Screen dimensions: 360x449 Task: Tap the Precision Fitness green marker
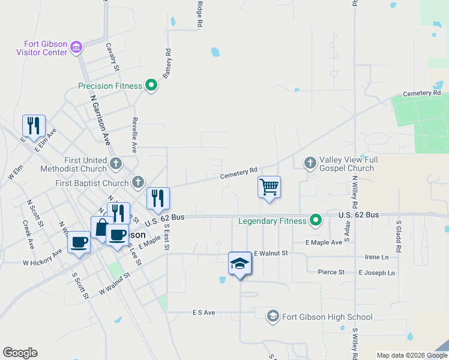(151, 86)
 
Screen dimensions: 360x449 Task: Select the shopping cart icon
(270, 187)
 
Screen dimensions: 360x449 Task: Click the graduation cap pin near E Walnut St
(240, 262)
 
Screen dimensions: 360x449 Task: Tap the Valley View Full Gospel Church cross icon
(310, 163)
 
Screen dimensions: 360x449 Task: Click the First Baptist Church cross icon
(138, 182)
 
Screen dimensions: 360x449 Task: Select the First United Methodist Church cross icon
(116, 162)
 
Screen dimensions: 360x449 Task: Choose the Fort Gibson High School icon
(273, 316)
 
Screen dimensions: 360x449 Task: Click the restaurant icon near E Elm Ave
(32, 125)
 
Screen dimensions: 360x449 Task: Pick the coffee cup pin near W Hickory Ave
(79, 242)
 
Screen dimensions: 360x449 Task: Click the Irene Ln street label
(376, 257)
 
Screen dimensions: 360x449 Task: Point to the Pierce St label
(331, 272)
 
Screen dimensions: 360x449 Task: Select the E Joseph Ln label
(376, 272)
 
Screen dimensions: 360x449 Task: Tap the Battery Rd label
(167, 64)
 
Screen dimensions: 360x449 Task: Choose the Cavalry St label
(110, 55)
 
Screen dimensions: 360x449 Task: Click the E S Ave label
(203, 313)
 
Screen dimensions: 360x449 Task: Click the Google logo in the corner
(20, 353)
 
